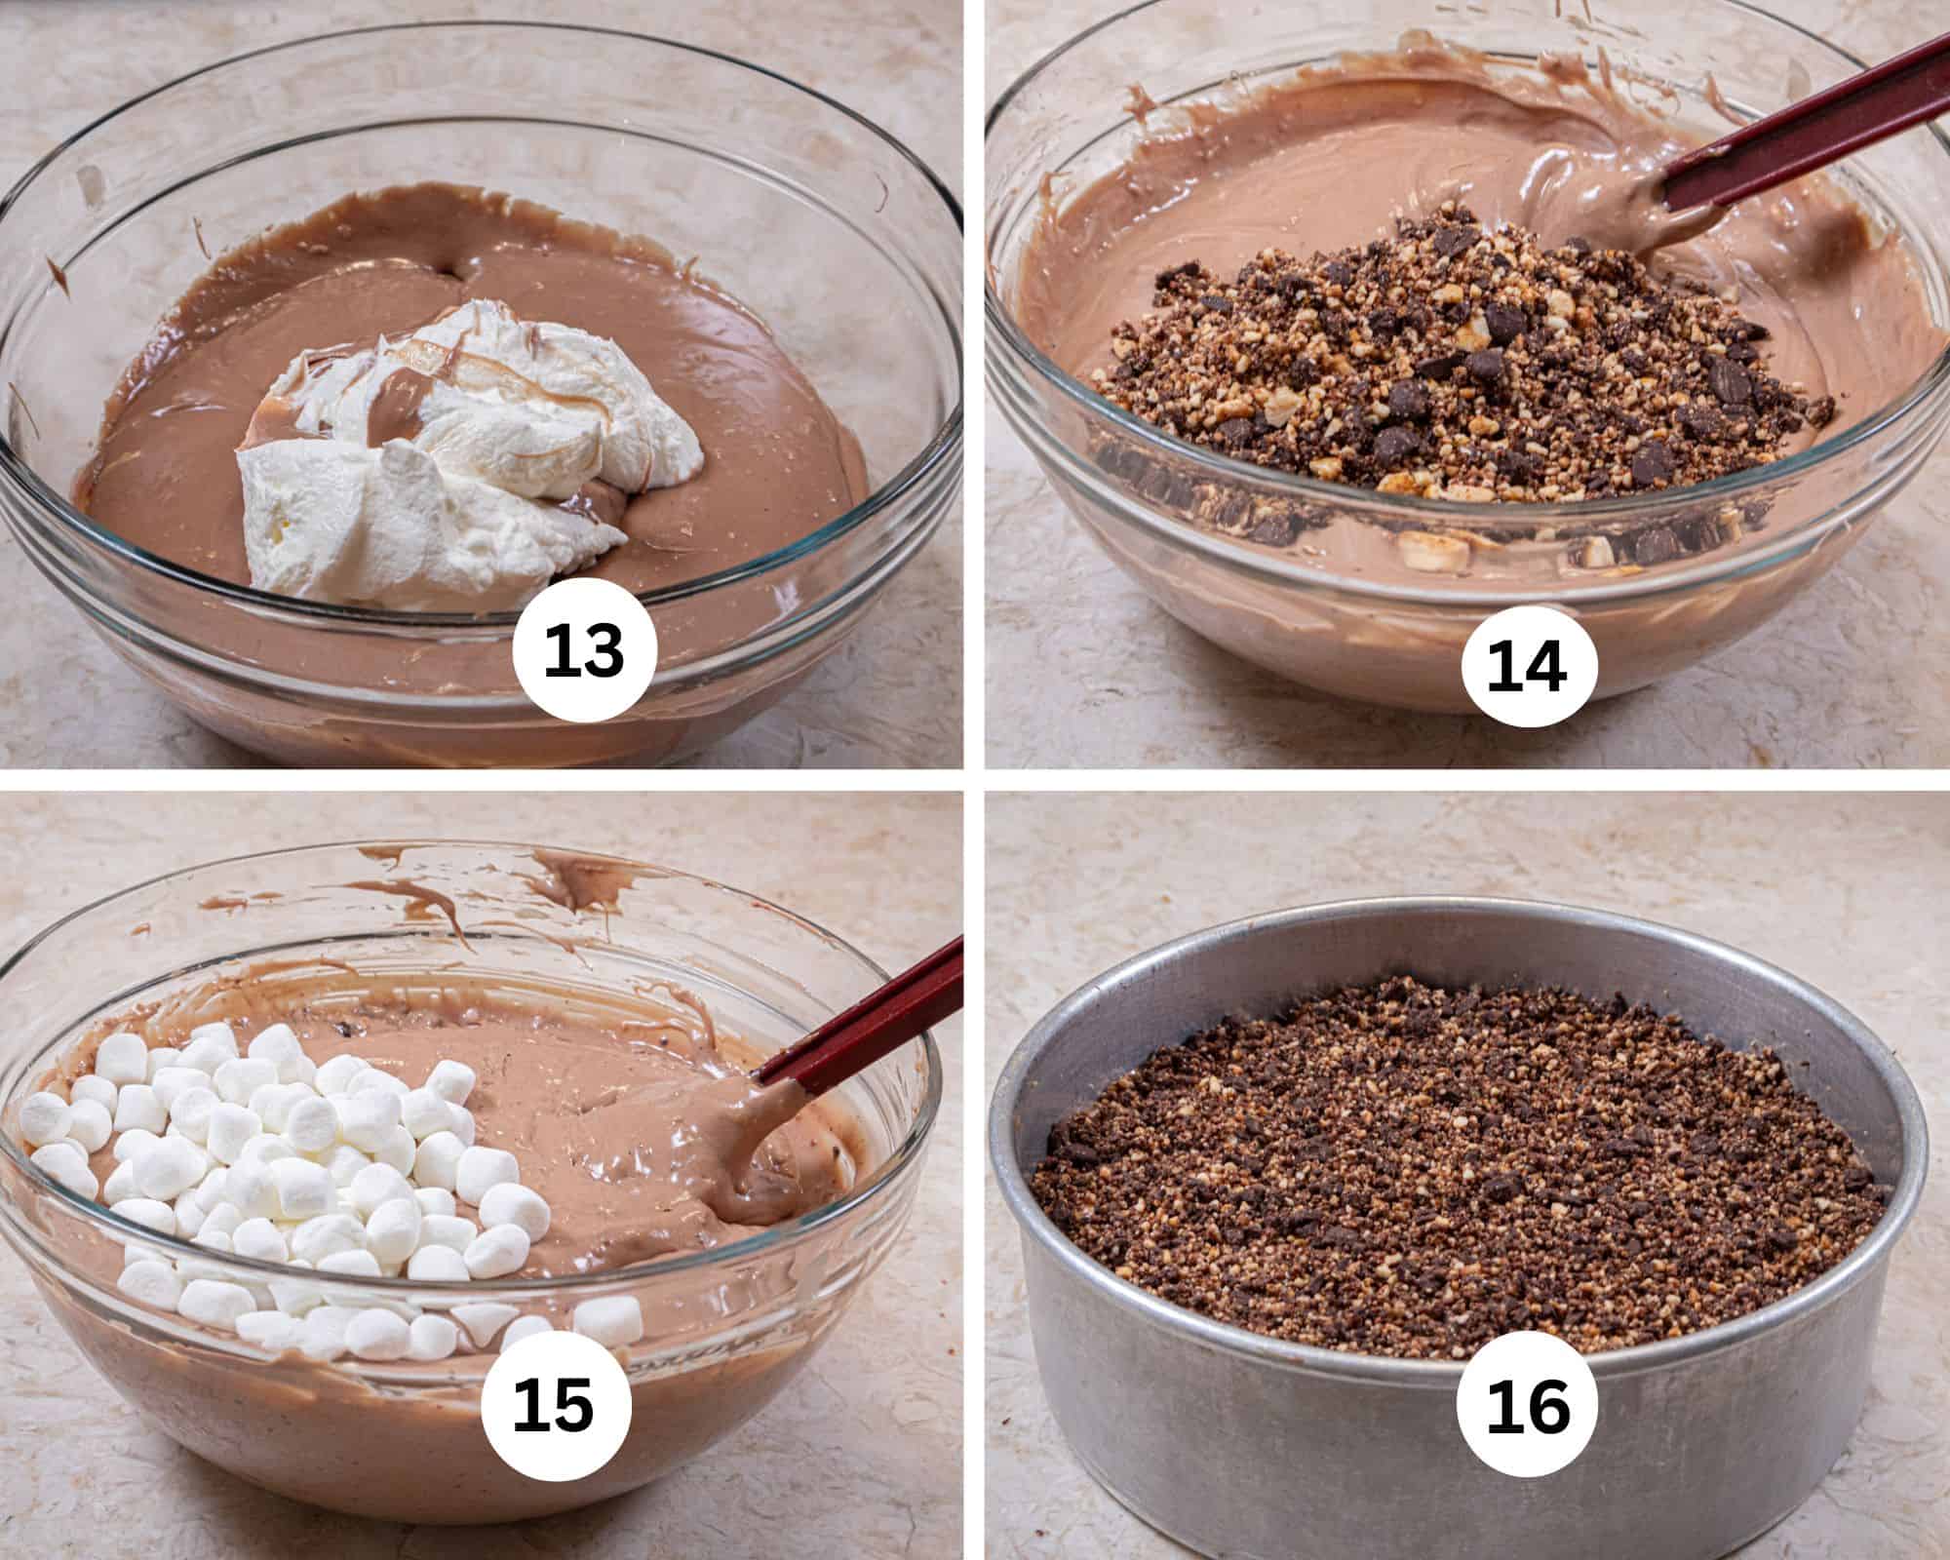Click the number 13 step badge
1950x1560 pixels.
pos(582,651)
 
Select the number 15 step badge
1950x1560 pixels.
pos(553,1409)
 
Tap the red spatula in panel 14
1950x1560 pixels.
pos(1804,136)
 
